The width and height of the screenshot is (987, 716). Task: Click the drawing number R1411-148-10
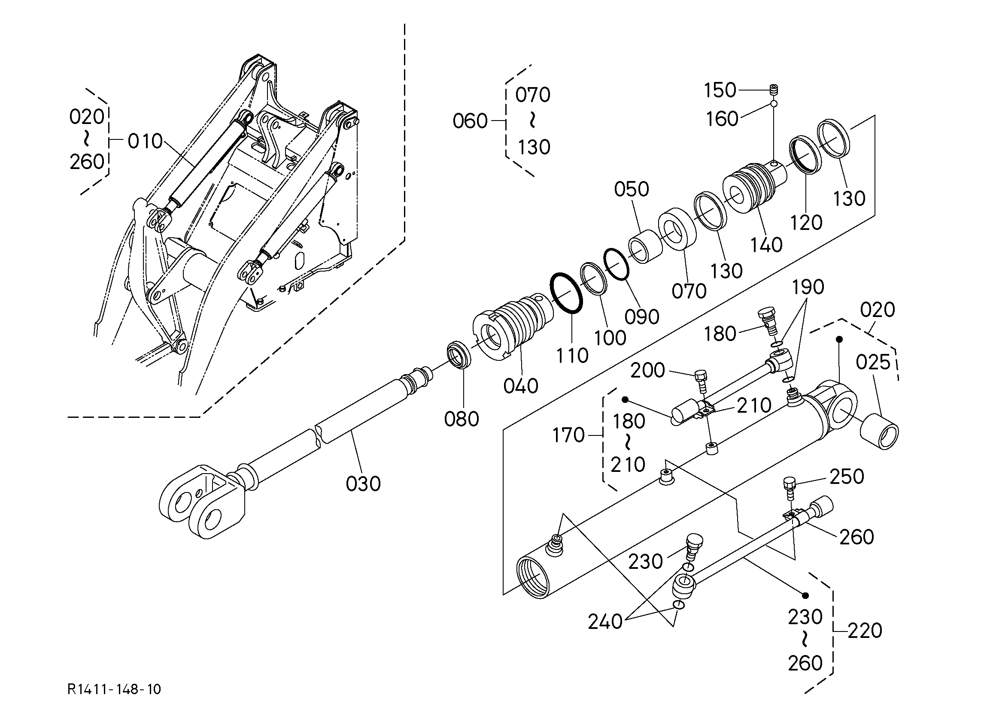114,689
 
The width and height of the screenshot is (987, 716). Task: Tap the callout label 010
145,142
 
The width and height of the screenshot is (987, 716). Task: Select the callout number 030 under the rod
363,484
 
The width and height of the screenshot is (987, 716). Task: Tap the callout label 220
864,630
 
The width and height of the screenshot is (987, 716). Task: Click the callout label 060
470,121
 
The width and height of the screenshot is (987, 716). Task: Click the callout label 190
808,287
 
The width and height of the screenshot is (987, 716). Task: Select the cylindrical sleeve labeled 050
644,247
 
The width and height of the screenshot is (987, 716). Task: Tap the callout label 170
568,435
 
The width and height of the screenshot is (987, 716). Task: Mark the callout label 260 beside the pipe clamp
856,537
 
